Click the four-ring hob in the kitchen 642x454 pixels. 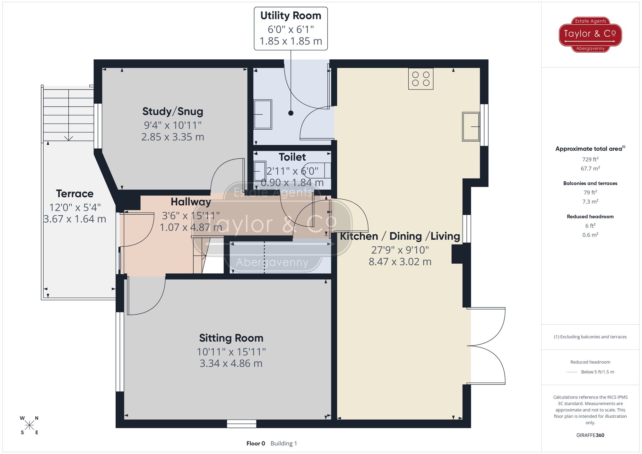pos(421,79)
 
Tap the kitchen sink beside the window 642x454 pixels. pos(471,126)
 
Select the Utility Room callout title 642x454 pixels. pos(291,16)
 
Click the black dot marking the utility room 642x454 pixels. pos(291,113)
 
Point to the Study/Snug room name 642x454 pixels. pos(173,111)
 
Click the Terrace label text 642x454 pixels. pos(74,194)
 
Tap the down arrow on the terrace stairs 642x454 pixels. pos(68,138)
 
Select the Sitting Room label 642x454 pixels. pos(231,338)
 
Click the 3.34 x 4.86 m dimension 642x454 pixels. pos(231,364)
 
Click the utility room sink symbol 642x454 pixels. pos(263,114)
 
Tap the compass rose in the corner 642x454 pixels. pos(29,425)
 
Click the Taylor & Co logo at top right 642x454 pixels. pos(590,34)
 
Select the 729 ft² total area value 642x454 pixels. pos(590,159)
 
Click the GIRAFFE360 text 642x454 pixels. pos(590,435)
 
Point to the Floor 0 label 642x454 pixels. pos(256,443)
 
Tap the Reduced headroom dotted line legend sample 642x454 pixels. pos(572,372)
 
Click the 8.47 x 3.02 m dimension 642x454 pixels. pos(400,262)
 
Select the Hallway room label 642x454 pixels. pos(191,202)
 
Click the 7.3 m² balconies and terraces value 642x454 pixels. pos(590,202)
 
